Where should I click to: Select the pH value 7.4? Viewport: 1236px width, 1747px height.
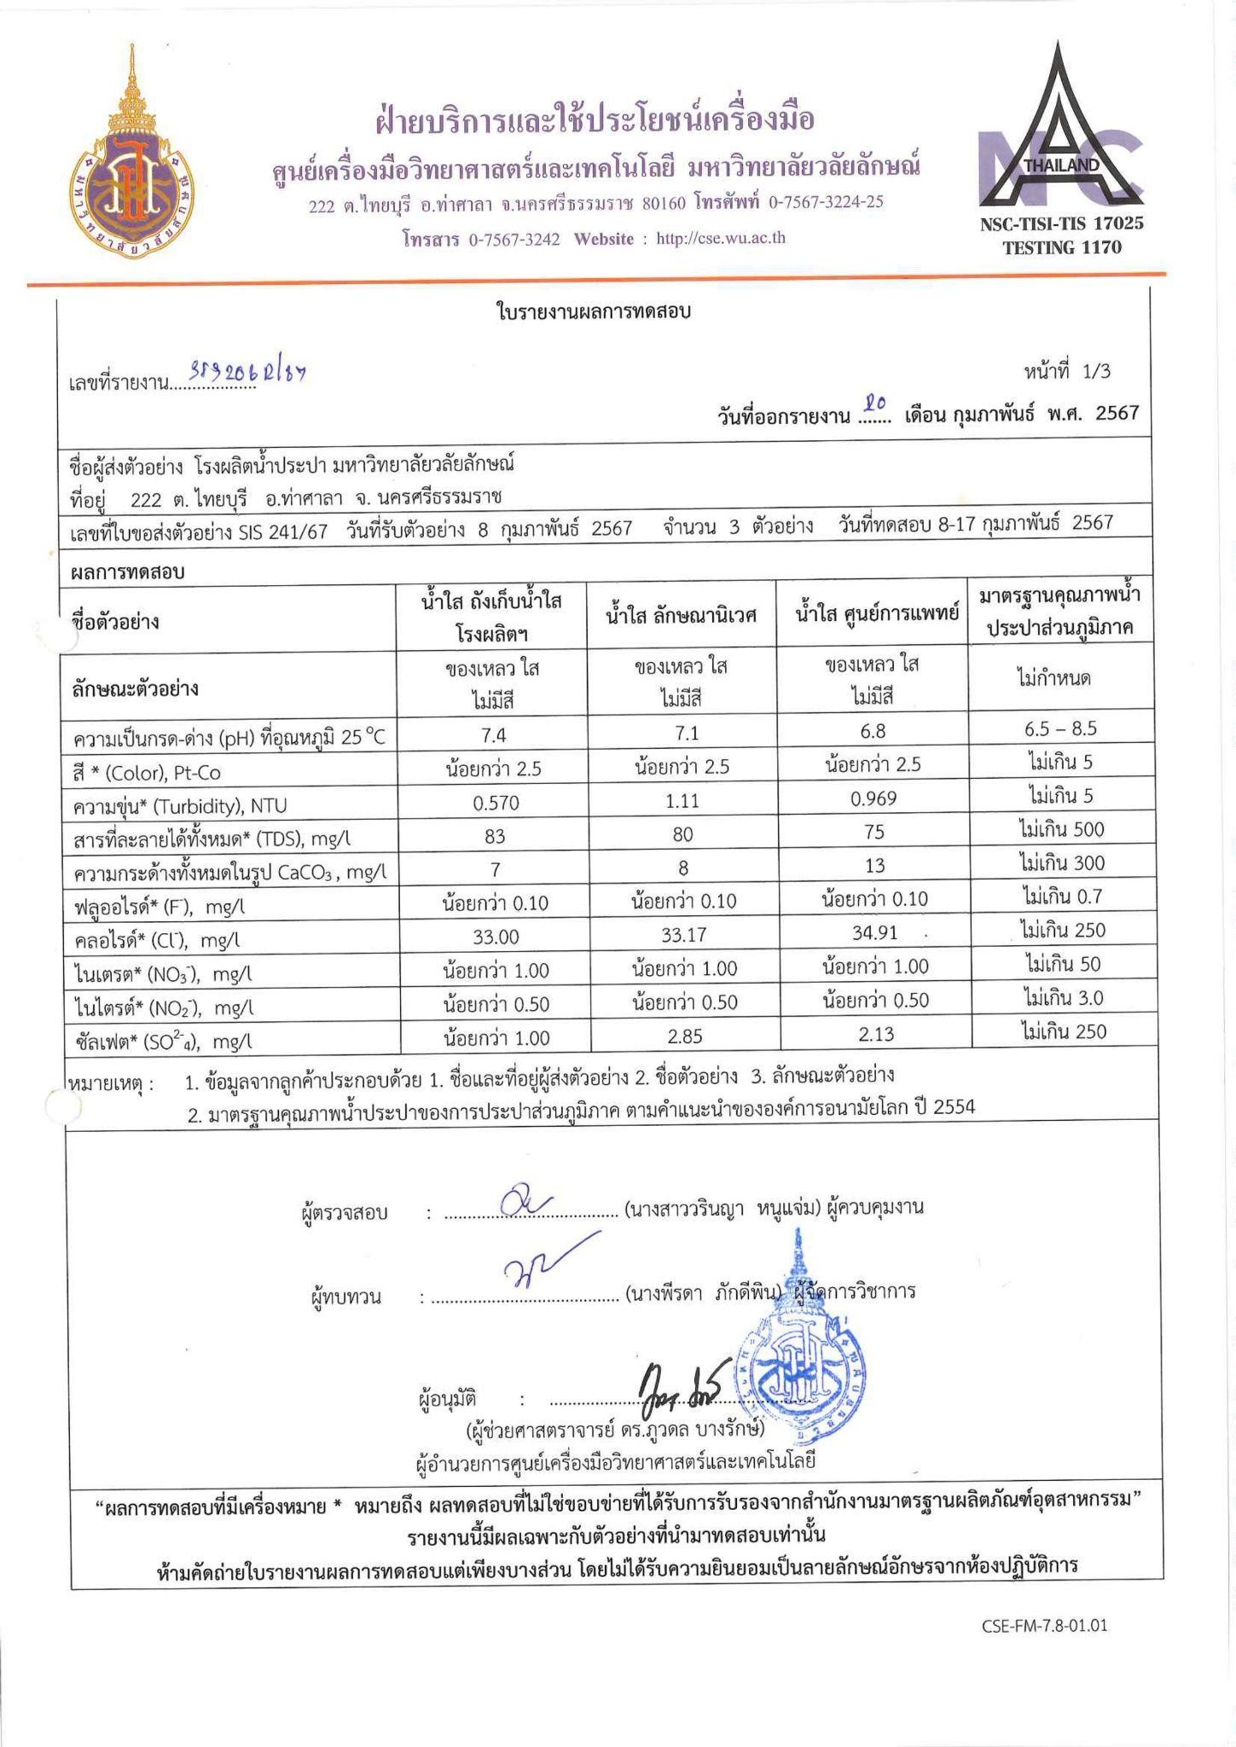495,734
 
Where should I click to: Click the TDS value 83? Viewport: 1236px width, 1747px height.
495,835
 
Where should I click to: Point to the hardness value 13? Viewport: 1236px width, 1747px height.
873,866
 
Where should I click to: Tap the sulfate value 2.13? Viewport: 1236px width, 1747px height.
873,1034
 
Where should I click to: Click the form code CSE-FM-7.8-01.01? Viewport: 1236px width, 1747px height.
1043,1624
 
